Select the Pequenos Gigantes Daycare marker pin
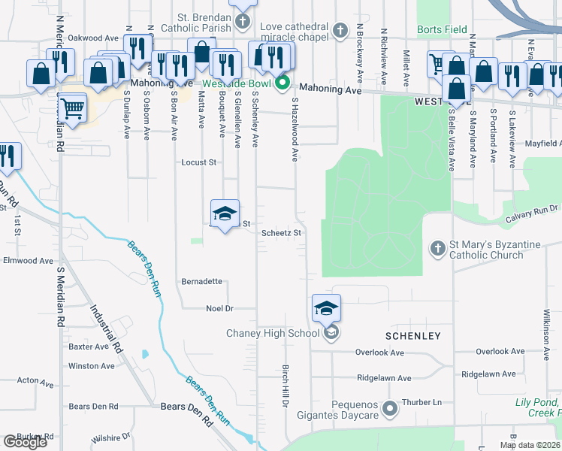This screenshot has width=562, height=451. pos(389,409)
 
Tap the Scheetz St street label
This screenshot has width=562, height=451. pos(281,233)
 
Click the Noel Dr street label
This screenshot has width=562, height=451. pos(220,308)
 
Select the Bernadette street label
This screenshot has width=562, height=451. pos(201,281)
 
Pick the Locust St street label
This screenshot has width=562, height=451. pos(198,162)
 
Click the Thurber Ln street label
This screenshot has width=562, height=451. pos(421,402)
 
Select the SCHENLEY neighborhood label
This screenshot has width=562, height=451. pos(412,334)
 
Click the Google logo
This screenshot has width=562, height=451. pos(25,442)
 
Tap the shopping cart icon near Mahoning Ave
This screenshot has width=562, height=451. pos(72,110)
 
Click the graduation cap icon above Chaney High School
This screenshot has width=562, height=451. pos(326,308)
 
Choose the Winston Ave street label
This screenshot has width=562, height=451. pos(91,366)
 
